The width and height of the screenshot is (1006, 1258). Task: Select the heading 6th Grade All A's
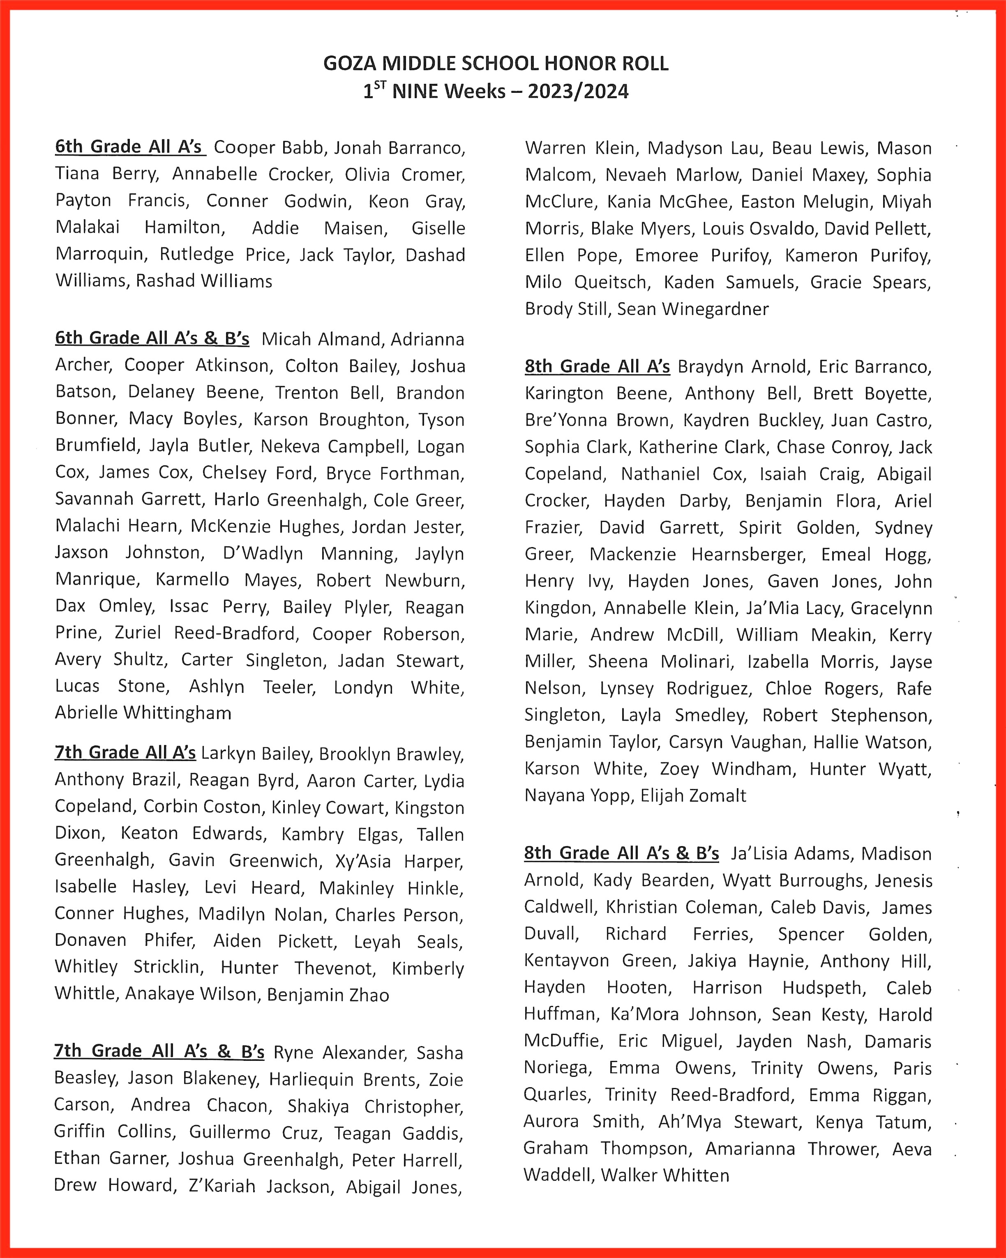point(129,147)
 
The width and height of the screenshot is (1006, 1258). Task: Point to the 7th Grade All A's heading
point(125,753)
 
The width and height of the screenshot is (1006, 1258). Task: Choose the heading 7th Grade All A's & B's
point(159,1051)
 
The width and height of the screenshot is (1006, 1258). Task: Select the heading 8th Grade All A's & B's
point(621,853)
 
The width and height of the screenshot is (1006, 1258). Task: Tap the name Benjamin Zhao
point(328,995)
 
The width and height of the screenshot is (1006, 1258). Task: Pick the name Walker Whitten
point(665,1175)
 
